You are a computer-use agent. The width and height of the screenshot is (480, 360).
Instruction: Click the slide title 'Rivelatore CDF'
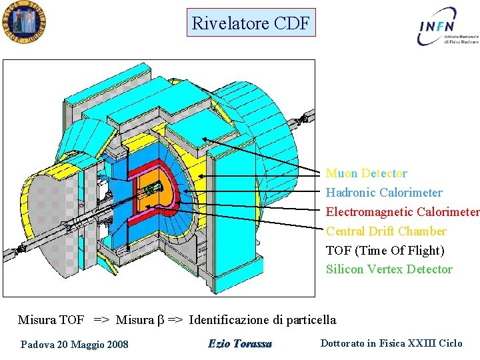(251, 23)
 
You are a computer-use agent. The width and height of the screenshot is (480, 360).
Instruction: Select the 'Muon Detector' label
(366, 173)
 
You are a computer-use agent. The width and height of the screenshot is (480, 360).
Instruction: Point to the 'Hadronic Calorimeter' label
(383, 193)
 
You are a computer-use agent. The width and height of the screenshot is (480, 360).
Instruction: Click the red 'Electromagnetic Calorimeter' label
(402, 212)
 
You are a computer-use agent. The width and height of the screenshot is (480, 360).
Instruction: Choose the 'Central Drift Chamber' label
(386, 231)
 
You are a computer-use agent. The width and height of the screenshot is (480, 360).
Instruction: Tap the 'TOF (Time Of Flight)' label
(385, 251)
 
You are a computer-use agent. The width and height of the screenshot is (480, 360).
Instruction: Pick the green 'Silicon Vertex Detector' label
(389, 269)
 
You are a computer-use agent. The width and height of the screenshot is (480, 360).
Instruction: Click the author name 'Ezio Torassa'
(240, 344)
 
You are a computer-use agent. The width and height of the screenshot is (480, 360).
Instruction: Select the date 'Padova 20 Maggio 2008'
(75, 345)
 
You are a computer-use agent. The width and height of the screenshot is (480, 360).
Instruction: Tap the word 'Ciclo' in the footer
(451, 343)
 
